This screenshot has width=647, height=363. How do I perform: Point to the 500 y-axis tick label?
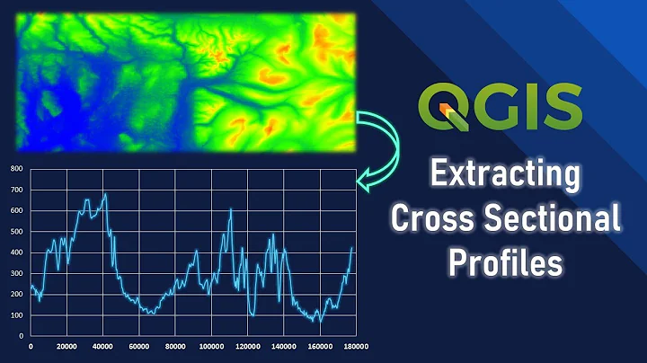pos(16,231)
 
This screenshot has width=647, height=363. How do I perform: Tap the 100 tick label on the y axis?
pos(16,315)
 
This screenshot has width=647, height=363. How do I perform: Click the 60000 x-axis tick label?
pos(139,347)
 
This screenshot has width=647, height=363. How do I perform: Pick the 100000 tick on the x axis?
pos(211,347)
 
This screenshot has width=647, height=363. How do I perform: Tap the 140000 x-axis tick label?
pos(283,347)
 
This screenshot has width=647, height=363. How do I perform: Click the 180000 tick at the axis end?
pos(355,347)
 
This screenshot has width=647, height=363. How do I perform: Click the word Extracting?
pos(503,174)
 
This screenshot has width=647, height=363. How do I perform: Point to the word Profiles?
pos(505,261)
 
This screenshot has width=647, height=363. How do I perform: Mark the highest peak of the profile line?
pos(105,193)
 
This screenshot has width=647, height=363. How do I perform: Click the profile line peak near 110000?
pos(231,209)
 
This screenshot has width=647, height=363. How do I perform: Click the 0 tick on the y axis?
pos(21,336)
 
